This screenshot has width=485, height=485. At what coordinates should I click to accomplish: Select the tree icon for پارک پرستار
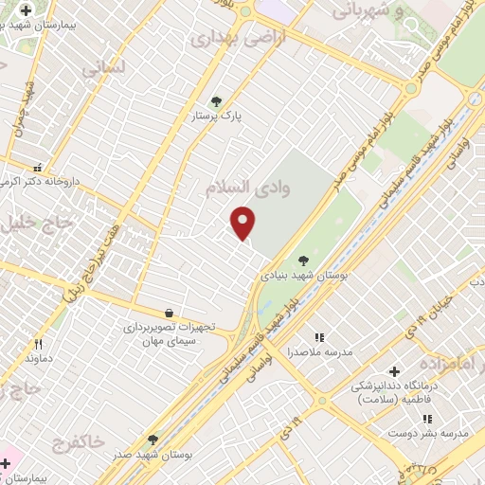coord(217,101)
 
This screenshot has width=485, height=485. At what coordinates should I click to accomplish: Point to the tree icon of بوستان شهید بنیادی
coord(303,260)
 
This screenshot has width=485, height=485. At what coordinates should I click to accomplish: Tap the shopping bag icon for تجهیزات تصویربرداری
coord(169,313)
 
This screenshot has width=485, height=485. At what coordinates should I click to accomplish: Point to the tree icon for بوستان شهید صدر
coord(153,440)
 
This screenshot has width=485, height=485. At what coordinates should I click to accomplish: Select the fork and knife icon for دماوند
coord(39,344)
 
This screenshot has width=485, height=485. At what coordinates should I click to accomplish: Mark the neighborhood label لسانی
coord(101,69)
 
